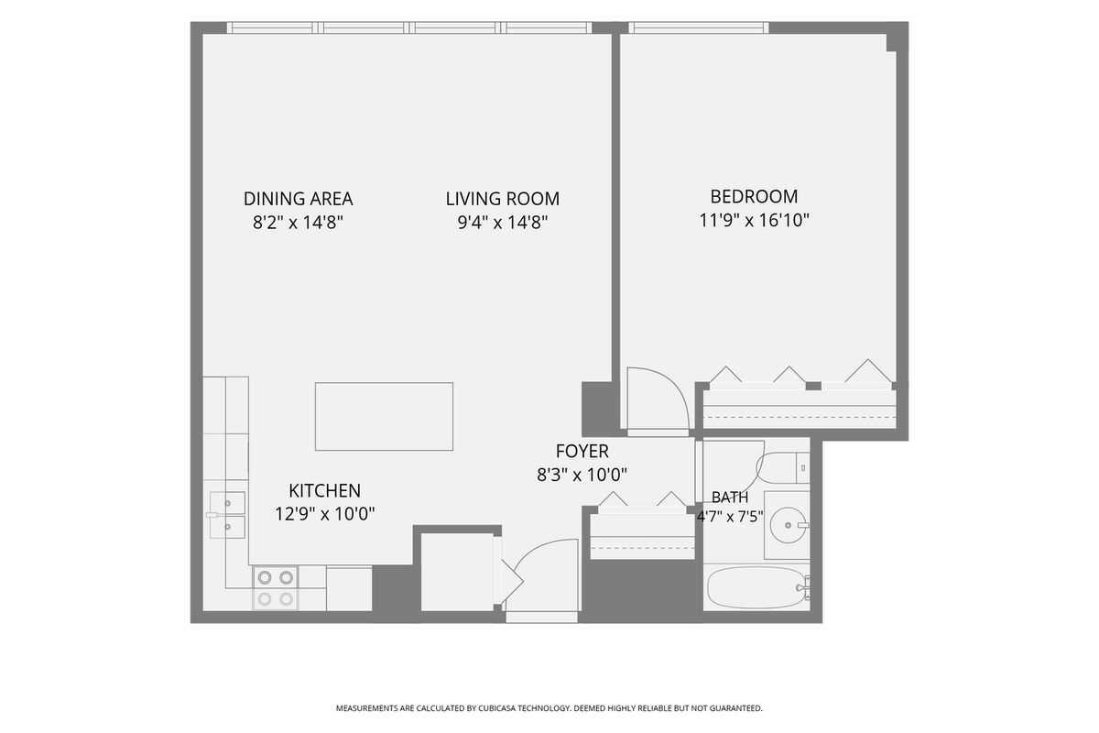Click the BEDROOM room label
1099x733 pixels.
[x=754, y=196]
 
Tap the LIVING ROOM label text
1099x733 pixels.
[x=503, y=199]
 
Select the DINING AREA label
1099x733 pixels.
[x=299, y=199]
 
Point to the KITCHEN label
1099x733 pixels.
[x=325, y=490]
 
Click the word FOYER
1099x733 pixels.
[x=582, y=451]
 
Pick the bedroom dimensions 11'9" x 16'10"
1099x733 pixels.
[x=754, y=221]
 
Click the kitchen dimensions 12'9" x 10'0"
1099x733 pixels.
[x=325, y=514]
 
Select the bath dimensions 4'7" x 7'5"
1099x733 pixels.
[x=730, y=517]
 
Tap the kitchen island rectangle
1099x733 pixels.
[x=384, y=416]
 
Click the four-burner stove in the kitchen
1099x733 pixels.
[x=276, y=588]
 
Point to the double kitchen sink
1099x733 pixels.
[x=227, y=515]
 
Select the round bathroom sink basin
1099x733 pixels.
[x=788, y=525]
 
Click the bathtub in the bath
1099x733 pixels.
[x=756, y=587]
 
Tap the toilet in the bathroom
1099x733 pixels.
[x=783, y=468]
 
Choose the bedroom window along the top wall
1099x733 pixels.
[x=699, y=27]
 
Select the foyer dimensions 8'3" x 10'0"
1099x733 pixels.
[x=582, y=475]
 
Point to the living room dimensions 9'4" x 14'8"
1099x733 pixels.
[x=503, y=223]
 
